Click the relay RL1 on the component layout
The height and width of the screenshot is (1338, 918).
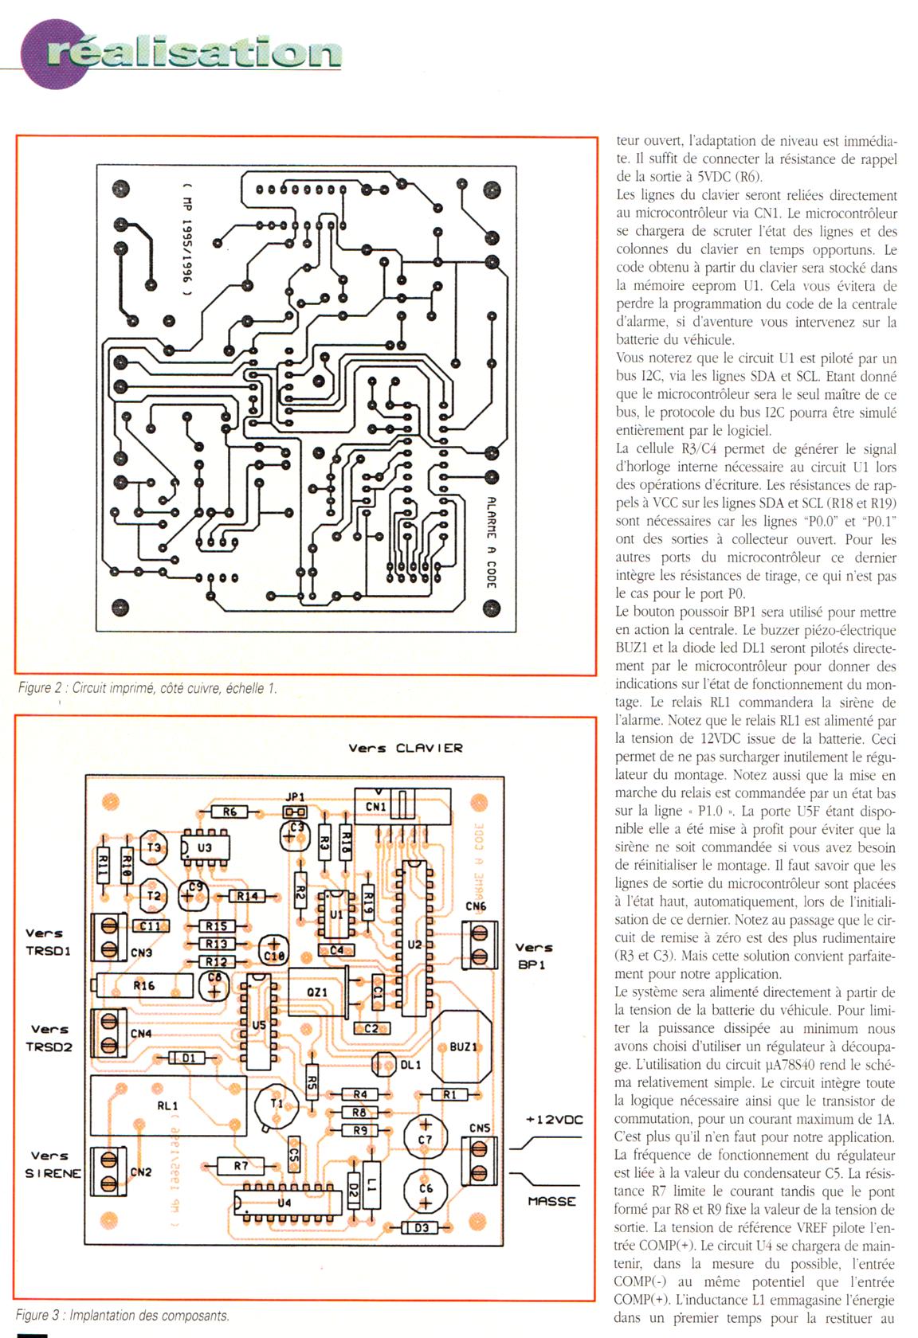coord(168,1105)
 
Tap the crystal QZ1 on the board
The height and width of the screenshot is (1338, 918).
coord(317,992)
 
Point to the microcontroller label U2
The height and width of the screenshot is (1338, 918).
coord(414,945)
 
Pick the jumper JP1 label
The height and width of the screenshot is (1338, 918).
coord(295,796)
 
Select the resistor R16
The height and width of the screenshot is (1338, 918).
coord(144,985)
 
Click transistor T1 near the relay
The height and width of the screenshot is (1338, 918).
coord(277,1105)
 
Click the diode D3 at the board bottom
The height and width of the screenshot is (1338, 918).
coord(422,1227)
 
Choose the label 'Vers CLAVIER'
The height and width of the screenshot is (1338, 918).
coord(405,748)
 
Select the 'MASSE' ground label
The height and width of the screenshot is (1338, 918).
coord(551,1200)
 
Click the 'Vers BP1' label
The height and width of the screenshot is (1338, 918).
coord(534,955)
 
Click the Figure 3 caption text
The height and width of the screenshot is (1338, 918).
coord(123,1316)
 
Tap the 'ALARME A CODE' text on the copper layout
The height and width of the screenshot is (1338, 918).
coord(492,542)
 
